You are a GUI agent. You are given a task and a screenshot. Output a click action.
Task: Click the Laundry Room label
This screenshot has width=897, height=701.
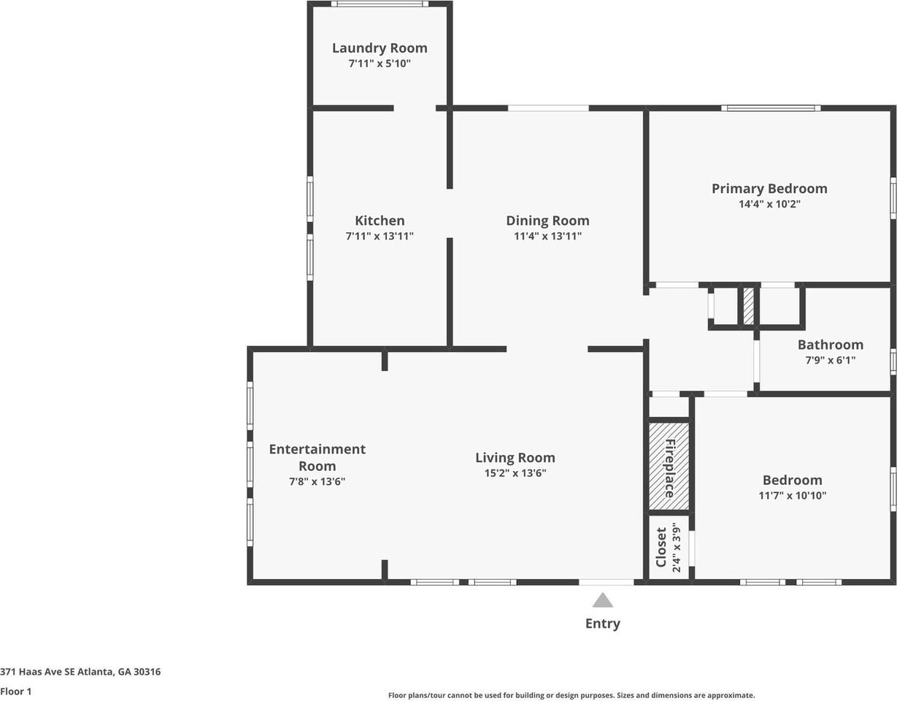(380, 48)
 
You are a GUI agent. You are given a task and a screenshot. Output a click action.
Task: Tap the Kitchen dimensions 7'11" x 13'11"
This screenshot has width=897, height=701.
(380, 236)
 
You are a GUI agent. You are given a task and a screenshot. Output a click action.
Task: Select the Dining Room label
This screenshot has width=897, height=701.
(548, 221)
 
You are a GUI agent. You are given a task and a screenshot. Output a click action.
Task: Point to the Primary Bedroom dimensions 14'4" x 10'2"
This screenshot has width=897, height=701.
(769, 204)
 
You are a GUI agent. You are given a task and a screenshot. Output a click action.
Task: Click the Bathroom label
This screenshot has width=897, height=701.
(831, 345)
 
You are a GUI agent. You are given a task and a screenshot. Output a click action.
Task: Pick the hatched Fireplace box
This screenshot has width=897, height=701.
(669, 466)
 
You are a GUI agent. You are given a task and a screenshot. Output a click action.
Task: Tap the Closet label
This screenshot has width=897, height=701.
(661, 548)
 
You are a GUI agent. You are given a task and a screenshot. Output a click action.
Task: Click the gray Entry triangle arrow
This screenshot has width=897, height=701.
(603, 600)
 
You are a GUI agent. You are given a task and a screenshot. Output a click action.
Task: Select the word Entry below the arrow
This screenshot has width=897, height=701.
(603, 624)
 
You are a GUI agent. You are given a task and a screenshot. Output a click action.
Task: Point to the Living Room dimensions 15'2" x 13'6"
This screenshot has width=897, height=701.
(515, 473)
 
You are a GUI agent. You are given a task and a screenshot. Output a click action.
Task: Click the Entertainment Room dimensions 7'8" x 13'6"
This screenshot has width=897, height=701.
(317, 481)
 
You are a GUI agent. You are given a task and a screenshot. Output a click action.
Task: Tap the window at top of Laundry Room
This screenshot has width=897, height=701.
(380, 4)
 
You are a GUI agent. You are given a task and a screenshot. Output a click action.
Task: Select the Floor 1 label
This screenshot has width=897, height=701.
(15, 692)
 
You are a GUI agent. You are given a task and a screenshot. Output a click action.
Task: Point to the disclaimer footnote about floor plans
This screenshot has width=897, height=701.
(571, 695)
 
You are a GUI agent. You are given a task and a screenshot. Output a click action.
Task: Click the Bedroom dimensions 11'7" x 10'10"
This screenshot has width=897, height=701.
(793, 495)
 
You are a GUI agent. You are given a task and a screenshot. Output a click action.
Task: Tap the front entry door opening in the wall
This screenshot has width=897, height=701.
(607, 582)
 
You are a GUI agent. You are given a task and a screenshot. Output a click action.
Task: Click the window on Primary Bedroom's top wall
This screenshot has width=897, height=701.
(771, 108)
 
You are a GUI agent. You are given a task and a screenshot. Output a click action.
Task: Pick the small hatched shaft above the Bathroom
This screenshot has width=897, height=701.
(748, 306)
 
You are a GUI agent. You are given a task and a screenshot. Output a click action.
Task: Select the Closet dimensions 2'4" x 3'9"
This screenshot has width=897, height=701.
(676, 548)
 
